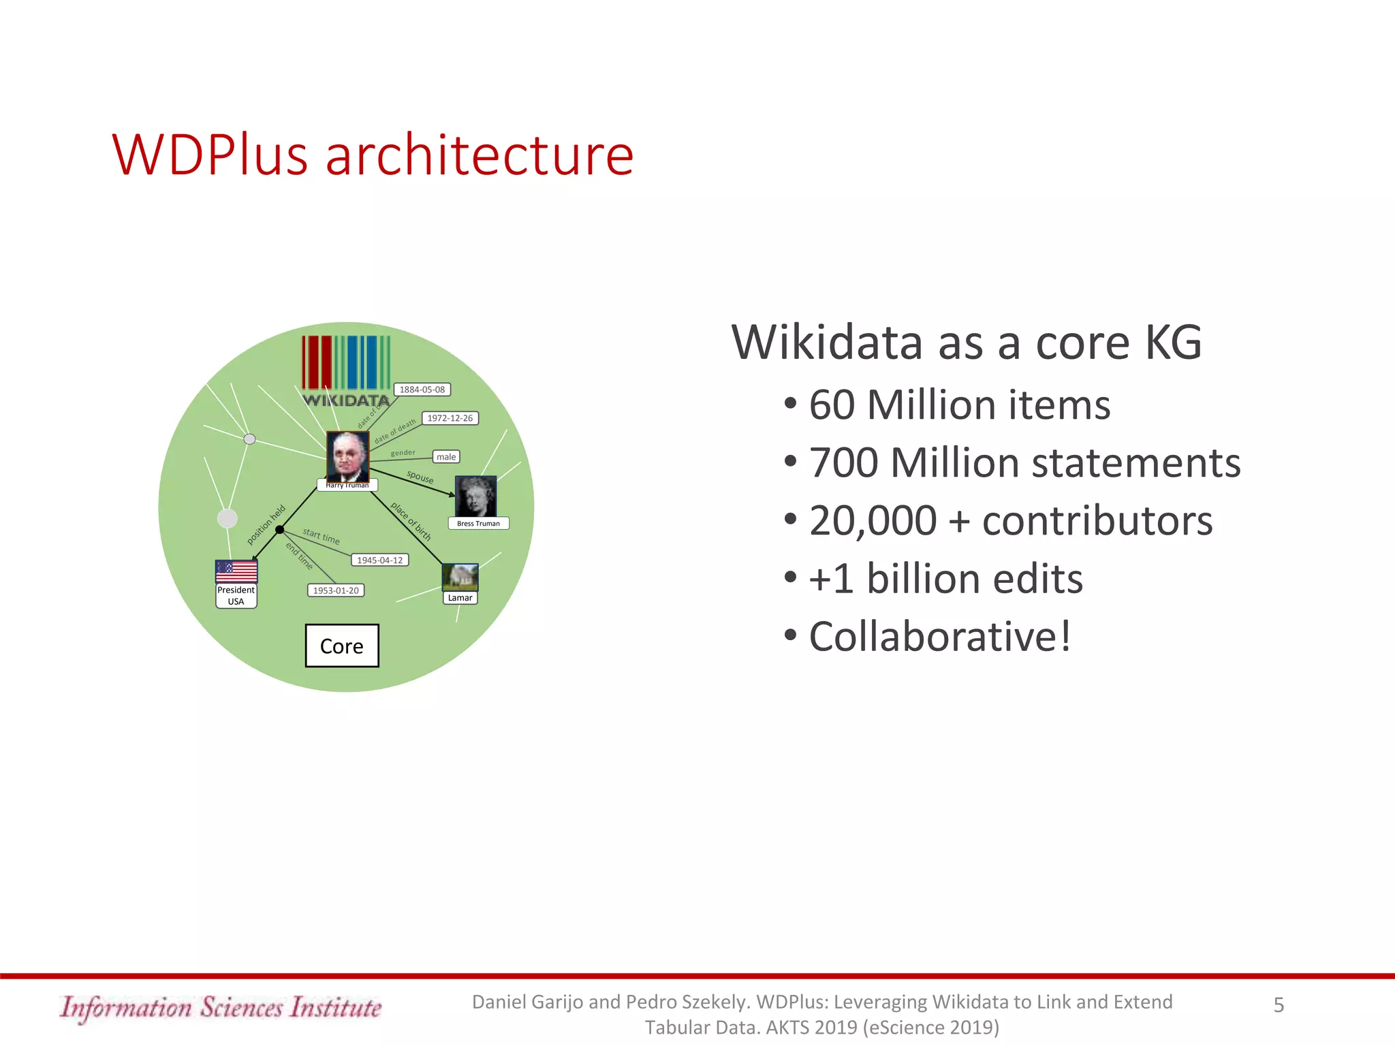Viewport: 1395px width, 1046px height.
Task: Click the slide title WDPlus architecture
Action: (373, 155)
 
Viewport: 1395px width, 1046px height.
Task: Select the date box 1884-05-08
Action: (422, 390)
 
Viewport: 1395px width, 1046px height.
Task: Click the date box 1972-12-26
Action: (450, 418)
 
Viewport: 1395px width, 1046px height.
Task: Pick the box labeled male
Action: (446, 457)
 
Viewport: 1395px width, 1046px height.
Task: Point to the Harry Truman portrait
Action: (347, 456)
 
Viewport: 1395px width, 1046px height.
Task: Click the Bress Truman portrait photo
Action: (475, 496)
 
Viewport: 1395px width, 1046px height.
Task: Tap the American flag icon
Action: (236, 571)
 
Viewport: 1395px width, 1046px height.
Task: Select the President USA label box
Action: (236, 596)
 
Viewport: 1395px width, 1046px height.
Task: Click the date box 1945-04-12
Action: (379, 560)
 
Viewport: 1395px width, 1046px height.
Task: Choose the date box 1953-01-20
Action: (335, 590)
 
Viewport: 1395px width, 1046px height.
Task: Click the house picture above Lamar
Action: (460, 577)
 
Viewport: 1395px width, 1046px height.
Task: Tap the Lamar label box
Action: (460, 598)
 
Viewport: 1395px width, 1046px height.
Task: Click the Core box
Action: (342, 646)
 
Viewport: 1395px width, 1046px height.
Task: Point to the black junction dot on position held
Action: (279, 529)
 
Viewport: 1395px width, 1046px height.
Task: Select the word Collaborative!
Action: (940, 637)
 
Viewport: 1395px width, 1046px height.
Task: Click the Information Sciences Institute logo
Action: (220, 1007)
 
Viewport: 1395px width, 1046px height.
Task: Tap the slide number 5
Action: (1279, 1005)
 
